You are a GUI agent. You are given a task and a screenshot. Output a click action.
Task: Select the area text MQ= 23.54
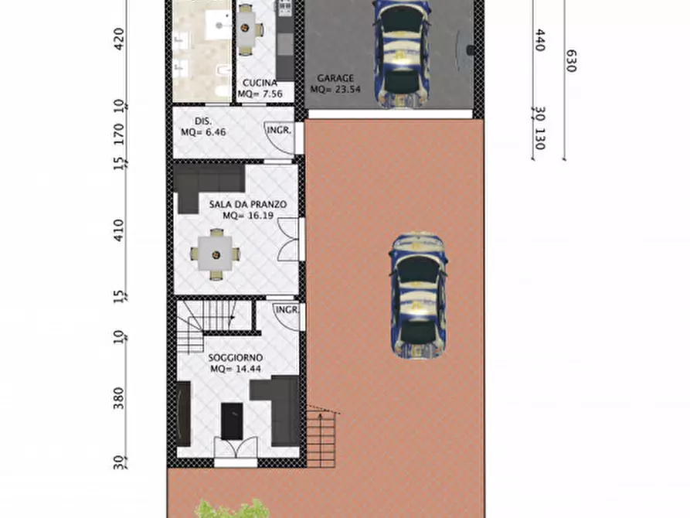335,89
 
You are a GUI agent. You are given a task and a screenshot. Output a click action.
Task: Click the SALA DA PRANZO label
247,204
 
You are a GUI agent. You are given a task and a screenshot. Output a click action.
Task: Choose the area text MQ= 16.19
243,216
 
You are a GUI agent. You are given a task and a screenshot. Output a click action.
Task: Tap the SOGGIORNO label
235,358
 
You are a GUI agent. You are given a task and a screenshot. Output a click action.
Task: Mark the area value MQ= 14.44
235,369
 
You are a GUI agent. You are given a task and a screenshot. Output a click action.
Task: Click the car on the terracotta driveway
418,295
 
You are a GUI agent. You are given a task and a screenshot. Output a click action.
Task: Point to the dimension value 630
570,60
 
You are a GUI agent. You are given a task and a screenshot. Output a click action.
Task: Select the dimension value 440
539,40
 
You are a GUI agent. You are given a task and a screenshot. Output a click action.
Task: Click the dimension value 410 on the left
118,231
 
